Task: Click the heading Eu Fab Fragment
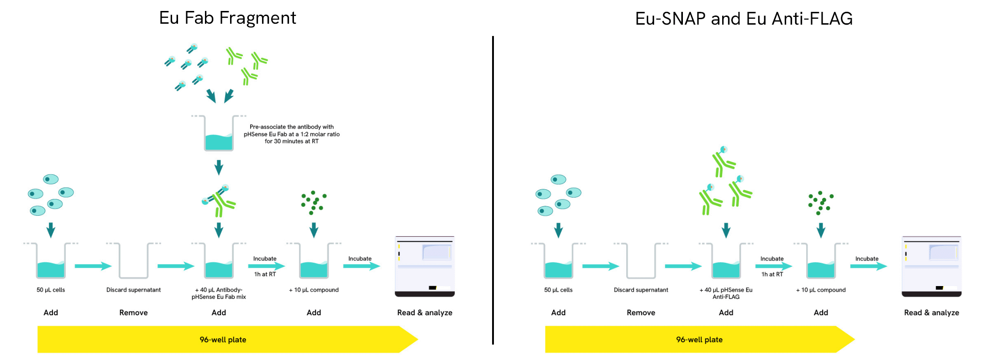click(227, 18)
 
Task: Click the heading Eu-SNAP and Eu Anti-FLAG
click(744, 19)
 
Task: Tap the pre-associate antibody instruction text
click(292, 134)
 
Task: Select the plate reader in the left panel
click(425, 266)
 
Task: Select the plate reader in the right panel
click(932, 266)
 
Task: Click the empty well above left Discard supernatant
click(133, 261)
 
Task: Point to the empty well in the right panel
click(641, 261)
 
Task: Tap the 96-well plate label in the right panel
click(699, 339)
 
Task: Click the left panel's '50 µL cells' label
click(51, 290)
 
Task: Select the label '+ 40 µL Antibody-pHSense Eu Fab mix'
click(219, 293)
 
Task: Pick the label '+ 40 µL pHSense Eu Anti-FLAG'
click(726, 293)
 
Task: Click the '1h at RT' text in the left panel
click(265, 274)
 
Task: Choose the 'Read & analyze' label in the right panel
click(931, 313)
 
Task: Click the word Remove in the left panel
click(133, 313)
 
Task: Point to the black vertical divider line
click(493, 190)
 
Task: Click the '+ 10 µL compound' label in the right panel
click(821, 290)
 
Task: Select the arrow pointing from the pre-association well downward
click(219, 167)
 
